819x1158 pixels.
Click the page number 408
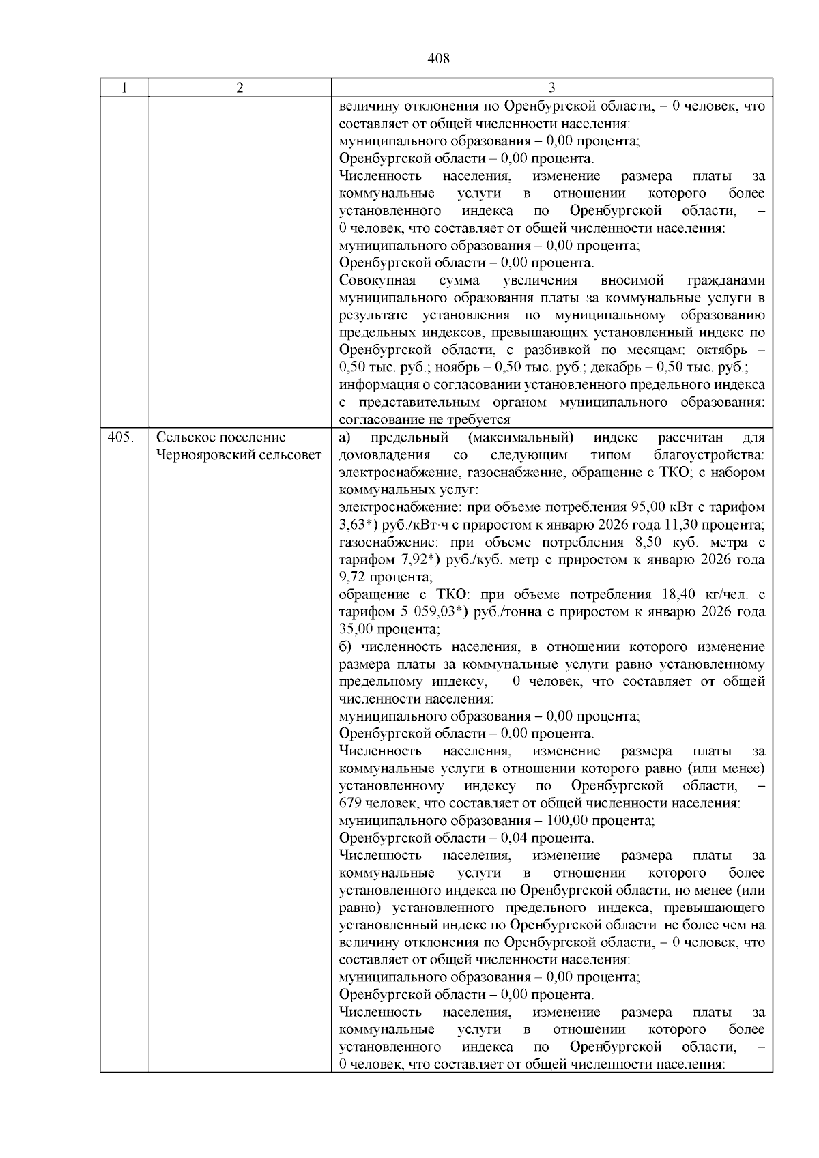tap(438, 59)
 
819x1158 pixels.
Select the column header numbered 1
tap(124, 87)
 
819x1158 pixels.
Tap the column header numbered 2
tap(240, 87)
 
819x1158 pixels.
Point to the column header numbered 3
tap(551, 87)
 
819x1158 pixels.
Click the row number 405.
tap(121, 437)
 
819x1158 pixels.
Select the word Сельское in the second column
tap(185, 437)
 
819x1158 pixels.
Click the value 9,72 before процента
tap(354, 577)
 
